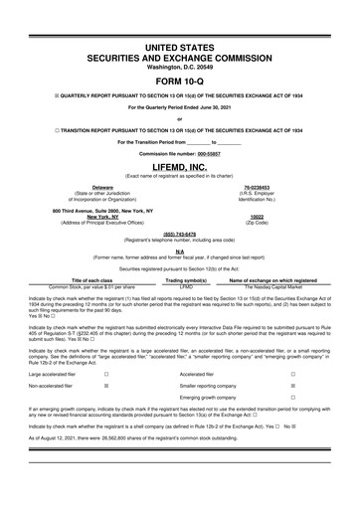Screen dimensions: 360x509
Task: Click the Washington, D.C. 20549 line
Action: pos(180,67)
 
